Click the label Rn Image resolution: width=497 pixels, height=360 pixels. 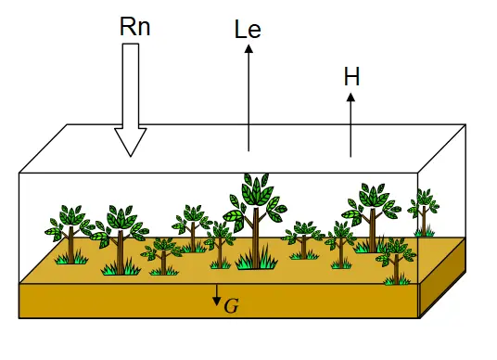tap(135, 26)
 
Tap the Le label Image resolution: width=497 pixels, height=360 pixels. tap(248, 29)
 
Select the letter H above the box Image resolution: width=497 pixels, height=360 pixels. tap(351, 76)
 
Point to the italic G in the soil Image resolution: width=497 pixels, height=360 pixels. tap(231, 306)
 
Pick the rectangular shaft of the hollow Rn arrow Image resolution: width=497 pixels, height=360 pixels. tap(131, 86)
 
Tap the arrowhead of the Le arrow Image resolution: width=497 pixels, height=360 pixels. tap(248, 48)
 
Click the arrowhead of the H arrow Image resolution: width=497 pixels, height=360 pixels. tap(350, 97)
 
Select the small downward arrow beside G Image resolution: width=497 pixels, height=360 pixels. tap(217, 295)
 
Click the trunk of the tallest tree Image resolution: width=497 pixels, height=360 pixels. tap(256, 237)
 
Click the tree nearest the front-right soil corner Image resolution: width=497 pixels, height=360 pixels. tap(396, 261)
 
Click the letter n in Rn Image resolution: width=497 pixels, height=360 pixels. tap(144, 29)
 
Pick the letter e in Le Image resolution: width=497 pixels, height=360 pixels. tap(255, 32)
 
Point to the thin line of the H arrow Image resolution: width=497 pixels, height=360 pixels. tap(350, 129)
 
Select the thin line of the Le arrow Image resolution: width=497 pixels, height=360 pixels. tap(248, 101)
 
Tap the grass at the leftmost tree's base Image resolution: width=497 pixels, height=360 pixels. tap(71, 258)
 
